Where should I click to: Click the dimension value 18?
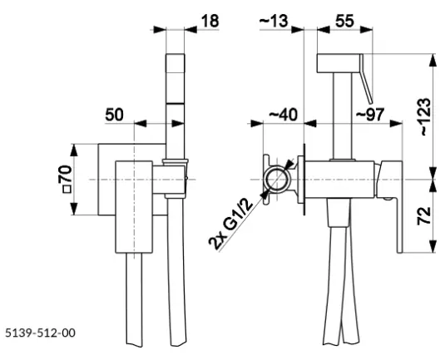click(x=210, y=21)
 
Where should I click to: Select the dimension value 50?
click(x=114, y=115)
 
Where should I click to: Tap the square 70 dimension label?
click(x=67, y=179)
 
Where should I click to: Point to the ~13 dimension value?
click(x=274, y=21)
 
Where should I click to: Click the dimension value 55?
click(x=344, y=21)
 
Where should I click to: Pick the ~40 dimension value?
click(x=283, y=115)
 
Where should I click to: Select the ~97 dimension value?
click(x=370, y=115)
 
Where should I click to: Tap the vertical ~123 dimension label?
click(x=424, y=116)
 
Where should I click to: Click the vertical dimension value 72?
click(x=424, y=215)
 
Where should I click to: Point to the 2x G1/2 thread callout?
click(x=231, y=224)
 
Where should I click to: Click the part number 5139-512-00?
click(x=41, y=333)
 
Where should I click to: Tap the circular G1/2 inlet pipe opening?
click(x=277, y=180)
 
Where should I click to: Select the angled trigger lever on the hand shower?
click(x=366, y=79)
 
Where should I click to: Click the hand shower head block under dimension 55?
click(x=339, y=63)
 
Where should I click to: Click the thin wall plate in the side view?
click(x=304, y=180)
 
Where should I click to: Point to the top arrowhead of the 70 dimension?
click(x=74, y=150)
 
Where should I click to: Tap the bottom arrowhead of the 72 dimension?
click(x=433, y=246)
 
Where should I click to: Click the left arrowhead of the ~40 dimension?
click(x=256, y=123)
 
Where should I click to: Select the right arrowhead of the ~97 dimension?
click(x=396, y=123)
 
